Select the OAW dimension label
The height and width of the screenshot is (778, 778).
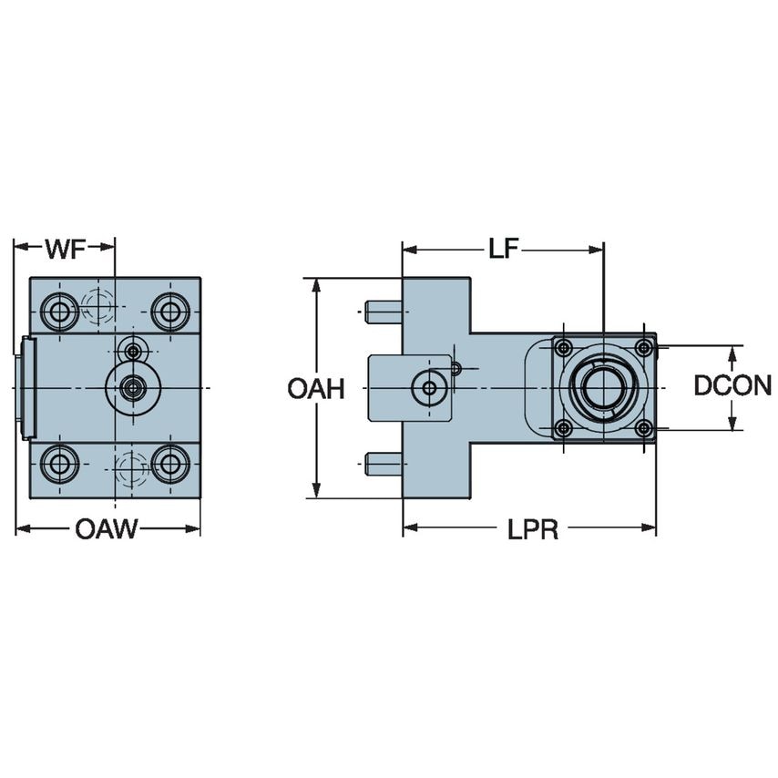(106, 529)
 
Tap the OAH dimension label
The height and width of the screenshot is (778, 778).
(315, 389)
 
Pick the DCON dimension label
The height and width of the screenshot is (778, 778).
(732, 386)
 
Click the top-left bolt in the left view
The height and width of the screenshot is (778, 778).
(60, 312)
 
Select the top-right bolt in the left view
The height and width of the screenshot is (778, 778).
(169, 312)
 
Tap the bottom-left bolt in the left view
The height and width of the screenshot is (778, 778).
(60, 464)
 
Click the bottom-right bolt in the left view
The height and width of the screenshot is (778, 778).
(169, 464)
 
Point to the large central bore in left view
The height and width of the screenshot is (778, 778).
(133, 388)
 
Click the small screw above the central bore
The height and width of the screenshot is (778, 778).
(134, 350)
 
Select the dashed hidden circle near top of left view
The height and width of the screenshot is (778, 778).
(97, 305)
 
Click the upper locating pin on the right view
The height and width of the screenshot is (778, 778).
(383, 312)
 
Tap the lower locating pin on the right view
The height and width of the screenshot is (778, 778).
(383, 465)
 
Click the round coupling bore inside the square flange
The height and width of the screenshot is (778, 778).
(602, 387)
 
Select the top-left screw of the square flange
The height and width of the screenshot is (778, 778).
(564, 347)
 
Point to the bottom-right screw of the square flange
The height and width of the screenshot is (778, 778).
(643, 428)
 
